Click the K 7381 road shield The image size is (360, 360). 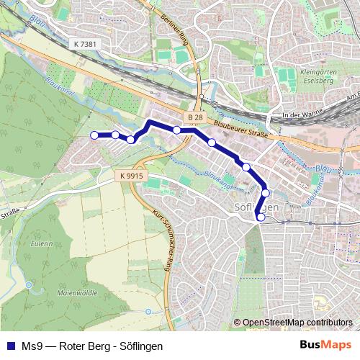(x=85, y=45)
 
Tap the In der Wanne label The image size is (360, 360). (x=301, y=115)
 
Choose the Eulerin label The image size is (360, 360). (x=42, y=245)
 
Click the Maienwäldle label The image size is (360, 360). (x=61, y=292)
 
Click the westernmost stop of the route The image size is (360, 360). (x=94, y=135)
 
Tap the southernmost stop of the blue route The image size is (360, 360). (x=261, y=217)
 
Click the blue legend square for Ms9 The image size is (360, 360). (x=9, y=346)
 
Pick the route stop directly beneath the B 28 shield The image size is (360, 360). (x=177, y=130)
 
